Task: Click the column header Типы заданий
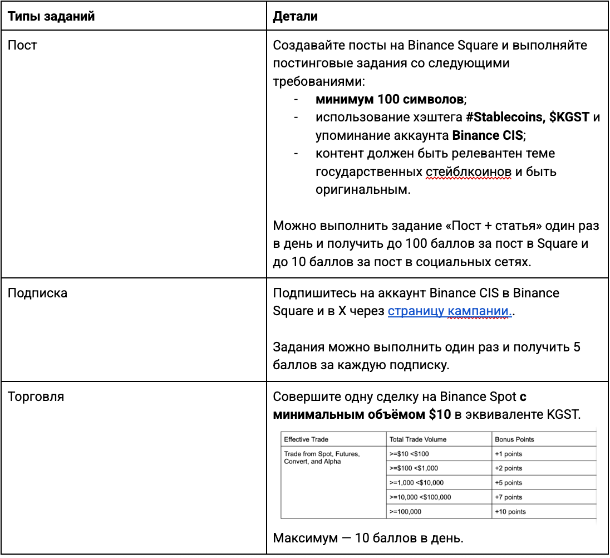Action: point(51,17)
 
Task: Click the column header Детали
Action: point(295,17)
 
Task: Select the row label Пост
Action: point(22,45)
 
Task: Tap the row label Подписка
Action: point(37,293)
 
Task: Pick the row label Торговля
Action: point(36,397)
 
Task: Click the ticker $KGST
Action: point(569,118)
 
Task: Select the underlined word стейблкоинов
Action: point(468,171)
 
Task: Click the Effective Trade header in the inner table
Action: point(306,439)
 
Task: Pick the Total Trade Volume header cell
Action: point(418,439)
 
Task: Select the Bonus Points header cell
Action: point(514,439)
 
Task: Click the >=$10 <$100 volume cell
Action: point(409,454)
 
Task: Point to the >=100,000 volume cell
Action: point(405,512)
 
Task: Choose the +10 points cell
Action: point(510,512)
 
